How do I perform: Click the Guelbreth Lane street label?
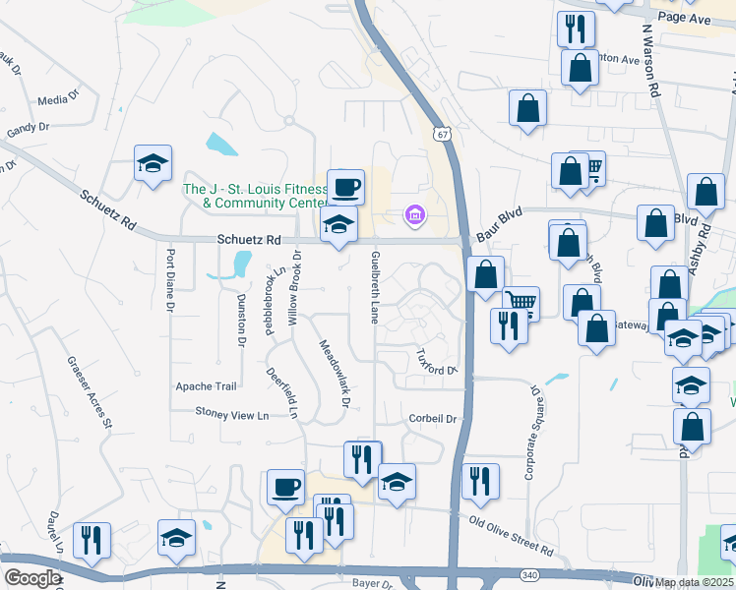tap(375, 287)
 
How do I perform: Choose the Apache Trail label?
tap(206, 386)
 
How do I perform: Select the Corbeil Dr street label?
tap(433, 419)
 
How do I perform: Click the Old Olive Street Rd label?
tap(512, 536)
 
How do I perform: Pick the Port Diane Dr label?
tap(170, 280)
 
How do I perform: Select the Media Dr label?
tap(56, 100)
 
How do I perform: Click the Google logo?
tap(31, 578)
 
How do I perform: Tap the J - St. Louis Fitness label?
tap(255, 189)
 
